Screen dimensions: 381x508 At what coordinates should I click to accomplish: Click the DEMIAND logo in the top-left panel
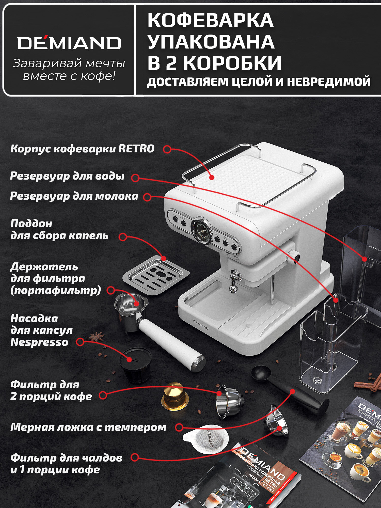tap(69, 43)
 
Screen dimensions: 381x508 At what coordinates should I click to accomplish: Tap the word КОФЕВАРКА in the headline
tap(211, 20)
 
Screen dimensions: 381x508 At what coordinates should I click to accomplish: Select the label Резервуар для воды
tap(67, 176)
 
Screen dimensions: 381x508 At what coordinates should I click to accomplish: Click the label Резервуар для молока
tap(74, 196)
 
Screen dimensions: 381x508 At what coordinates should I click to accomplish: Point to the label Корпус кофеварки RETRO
tap(82, 149)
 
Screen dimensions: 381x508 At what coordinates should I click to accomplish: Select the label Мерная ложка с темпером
tap(88, 427)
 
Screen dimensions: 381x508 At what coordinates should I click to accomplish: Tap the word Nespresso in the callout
tap(39, 342)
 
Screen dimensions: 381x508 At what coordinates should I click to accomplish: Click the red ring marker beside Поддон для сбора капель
tap(123, 237)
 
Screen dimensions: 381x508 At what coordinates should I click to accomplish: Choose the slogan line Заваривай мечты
tap(69, 63)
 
